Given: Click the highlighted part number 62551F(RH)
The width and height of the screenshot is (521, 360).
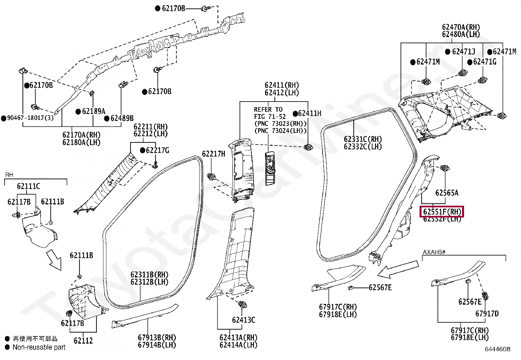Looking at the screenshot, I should [x=442, y=212].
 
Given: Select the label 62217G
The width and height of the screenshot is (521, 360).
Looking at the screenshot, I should [x=157, y=150].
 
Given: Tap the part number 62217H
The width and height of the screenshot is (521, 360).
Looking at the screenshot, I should [x=213, y=154].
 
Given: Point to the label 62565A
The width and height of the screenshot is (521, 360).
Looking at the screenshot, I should [x=447, y=193].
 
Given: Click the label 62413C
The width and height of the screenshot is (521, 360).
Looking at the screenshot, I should [x=243, y=320].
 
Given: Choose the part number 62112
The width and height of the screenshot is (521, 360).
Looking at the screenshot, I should [x=83, y=341].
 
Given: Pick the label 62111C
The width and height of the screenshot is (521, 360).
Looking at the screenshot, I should [x=28, y=186].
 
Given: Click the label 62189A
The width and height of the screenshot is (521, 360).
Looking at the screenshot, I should [x=94, y=111].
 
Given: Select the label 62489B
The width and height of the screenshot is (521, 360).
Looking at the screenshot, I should [x=122, y=118].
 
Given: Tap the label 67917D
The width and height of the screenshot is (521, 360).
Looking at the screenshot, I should [x=487, y=314].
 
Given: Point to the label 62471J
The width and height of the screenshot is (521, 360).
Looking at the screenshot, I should [x=463, y=51].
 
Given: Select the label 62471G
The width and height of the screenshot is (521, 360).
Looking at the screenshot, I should [x=485, y=62].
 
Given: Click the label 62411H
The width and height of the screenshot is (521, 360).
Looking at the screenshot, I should [x=310, y=113].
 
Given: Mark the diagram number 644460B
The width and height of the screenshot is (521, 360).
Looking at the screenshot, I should [x=498, y=349].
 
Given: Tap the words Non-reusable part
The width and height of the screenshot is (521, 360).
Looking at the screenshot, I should [x=39, y=347].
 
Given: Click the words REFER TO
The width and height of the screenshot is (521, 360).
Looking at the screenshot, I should [x=268, y=109].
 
